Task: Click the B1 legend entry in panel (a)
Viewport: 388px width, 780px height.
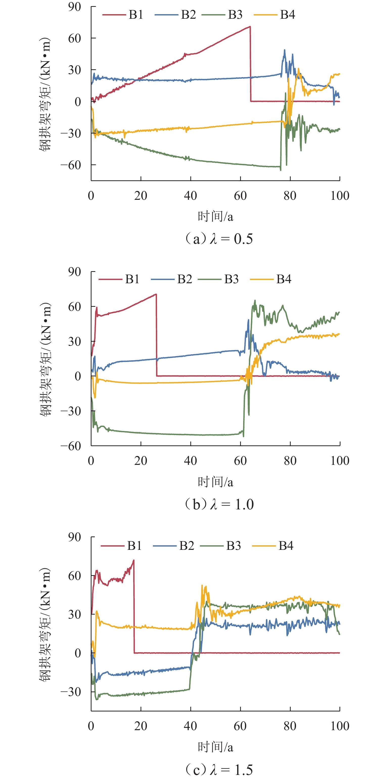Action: click(123, 14)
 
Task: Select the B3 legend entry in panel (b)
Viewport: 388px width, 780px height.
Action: click(218, 279)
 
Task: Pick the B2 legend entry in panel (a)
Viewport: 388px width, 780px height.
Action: click(175, 14)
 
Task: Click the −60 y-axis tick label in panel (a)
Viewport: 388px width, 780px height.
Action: click(71, 165)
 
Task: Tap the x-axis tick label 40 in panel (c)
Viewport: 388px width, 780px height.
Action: click(190, 726)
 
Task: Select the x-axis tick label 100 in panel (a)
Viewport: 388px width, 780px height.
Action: click(339, 196)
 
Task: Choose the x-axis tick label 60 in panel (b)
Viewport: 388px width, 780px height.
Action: click(240, 461)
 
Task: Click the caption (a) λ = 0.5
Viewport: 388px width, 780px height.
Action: click(218, 239)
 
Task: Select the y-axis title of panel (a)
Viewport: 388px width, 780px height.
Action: click(45, 94)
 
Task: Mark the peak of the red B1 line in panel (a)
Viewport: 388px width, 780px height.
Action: click(250, 27)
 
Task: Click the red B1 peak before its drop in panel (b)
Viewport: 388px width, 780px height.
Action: click(156, 294)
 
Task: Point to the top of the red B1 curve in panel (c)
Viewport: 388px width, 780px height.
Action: click(133, 560)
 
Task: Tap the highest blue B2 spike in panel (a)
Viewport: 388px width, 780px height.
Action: click(285, 50)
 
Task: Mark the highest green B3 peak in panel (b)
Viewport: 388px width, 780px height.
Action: click(255, 300)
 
